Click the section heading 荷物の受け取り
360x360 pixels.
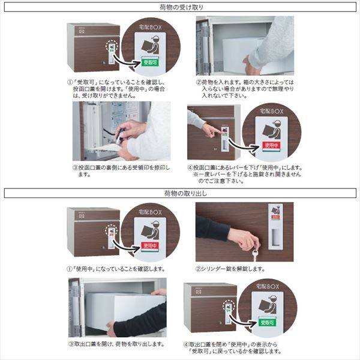pos(180,8)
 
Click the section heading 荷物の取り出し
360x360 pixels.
pos(180,193)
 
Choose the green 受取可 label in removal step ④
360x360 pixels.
pos(269,323)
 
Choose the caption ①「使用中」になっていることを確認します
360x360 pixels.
pos(117,269)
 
